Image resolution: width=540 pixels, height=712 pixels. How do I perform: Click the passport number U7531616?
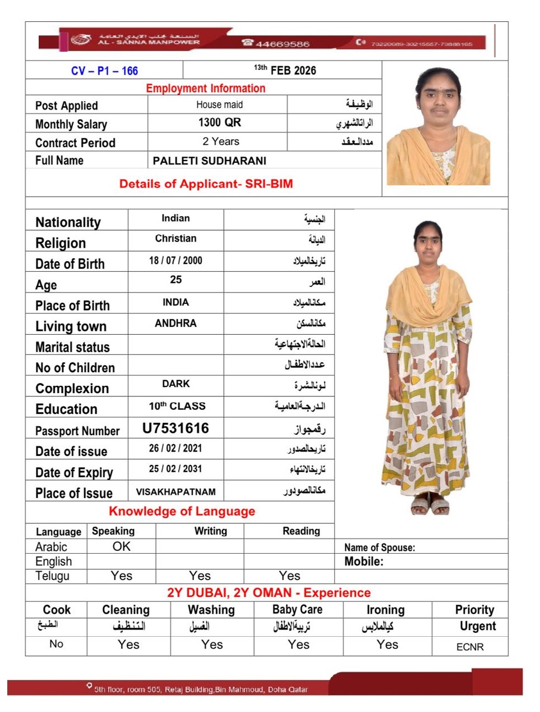[x=176, y=428]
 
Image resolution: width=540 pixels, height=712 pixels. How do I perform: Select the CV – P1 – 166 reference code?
[x=104, y=71]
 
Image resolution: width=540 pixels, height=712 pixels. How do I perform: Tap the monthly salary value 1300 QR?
[x=219, y=122]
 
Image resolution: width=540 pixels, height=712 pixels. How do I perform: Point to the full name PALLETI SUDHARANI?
[x=209, y=161]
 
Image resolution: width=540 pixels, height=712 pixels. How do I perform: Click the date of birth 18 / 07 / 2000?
[x=176, y=261]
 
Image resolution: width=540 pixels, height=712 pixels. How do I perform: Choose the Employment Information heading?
[x=205, y=88]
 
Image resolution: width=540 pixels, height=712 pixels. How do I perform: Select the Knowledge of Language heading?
[x=182, y=511]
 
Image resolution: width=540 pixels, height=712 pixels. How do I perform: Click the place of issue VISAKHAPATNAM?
[x=176, y=492]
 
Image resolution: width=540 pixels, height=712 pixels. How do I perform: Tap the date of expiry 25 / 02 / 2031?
[x=176, y=469]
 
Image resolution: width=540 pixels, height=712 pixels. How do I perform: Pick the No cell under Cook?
[x=56, y=644]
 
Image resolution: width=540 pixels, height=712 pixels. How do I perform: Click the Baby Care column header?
[x=297, y=609]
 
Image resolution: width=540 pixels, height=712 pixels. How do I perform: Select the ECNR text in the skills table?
[x=470, y=647]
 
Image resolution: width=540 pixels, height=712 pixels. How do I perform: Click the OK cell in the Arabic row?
[x=121, y=546]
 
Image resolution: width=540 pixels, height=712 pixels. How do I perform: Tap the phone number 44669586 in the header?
[x=282, y=44]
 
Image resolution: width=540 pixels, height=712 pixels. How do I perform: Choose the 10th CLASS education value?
[x=177, y=406]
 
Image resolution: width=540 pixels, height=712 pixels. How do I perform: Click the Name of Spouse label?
[x=380, y=547]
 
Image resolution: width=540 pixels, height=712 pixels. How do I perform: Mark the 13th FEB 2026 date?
[x=285, y=70]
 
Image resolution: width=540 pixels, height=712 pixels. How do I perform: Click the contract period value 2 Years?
[x=221, y=142]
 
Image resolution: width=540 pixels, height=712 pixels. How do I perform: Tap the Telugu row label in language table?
[x=52, y=576]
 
